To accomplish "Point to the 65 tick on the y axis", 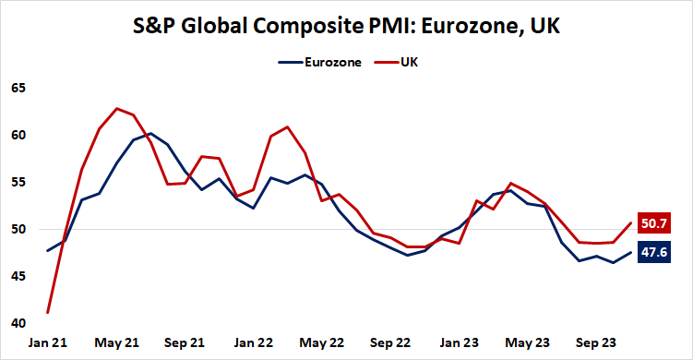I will tap(19, 89).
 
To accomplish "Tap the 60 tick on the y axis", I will tap(19, 136).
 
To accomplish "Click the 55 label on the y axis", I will tap(19, 183).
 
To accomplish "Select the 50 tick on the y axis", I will tap(19, 230).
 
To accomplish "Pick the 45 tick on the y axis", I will tap(19, 277).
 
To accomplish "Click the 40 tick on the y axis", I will tap(19, 324).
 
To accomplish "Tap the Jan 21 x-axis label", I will tap(47, 342).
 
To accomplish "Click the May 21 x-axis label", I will tap(116, 342).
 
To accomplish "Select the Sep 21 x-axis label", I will tap(186, 342).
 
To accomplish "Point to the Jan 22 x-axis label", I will tap(253, 342).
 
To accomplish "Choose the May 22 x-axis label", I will tap(323, 342).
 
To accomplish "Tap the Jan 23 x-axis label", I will tap(460, 342).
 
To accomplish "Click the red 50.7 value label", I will tap(656, 223).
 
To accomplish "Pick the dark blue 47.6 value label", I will tap(656, 252).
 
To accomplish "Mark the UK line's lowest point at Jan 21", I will tap(47, 312).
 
